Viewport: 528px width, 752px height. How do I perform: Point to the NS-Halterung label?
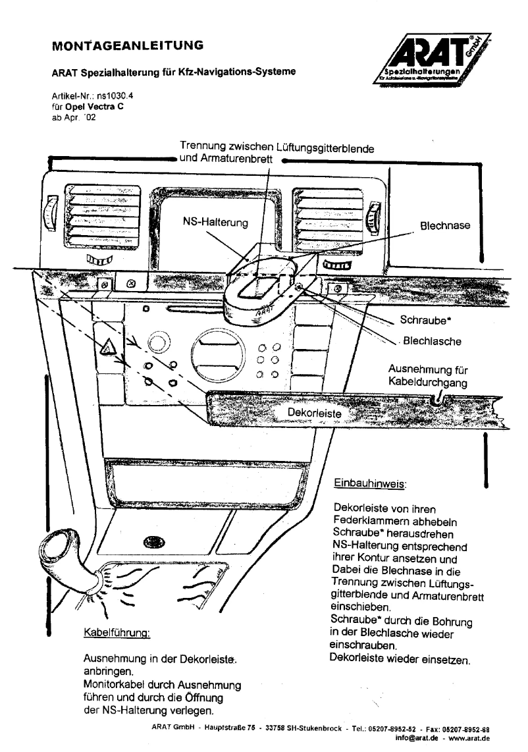coord(215,223)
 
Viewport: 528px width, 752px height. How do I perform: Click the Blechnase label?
coord(445,225)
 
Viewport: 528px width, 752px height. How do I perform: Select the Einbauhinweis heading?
coord(370,482)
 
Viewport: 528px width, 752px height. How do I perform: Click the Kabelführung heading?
coord(117,633)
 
